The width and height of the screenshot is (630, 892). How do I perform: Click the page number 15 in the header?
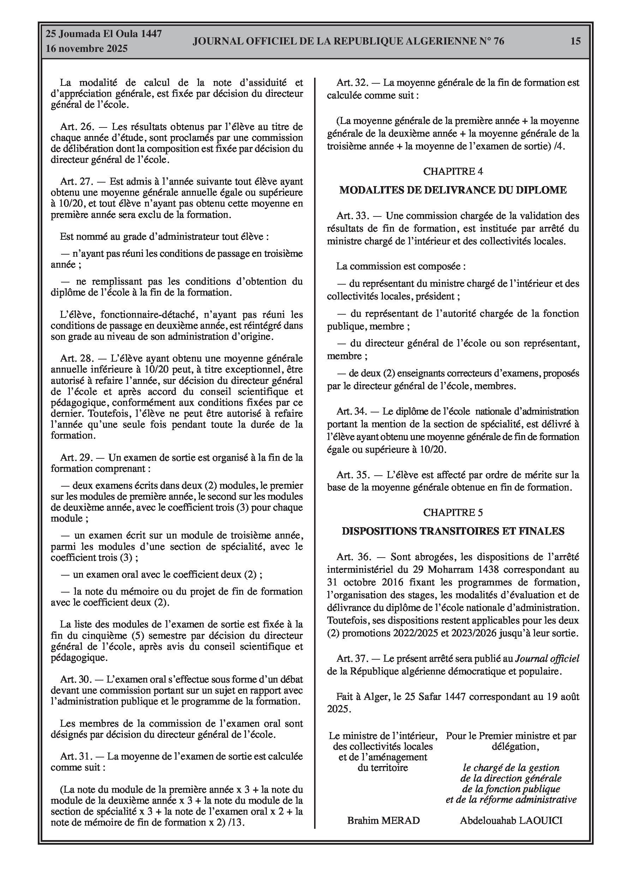(x=575, y=41)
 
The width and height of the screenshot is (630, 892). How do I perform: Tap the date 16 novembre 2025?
(x=86, y=49)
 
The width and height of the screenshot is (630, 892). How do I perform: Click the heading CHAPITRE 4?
(x=453, y=171)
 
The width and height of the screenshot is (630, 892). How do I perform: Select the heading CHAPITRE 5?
(x=453, y=512)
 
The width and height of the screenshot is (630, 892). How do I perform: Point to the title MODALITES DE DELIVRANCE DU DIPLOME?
(x=453, y=190)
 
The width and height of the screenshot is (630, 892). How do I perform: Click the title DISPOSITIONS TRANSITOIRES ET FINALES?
(x=453, y=531)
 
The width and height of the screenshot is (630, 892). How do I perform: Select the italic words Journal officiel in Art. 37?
(x=547, y=659)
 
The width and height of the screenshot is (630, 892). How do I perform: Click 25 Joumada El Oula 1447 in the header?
(x=104, y=34)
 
